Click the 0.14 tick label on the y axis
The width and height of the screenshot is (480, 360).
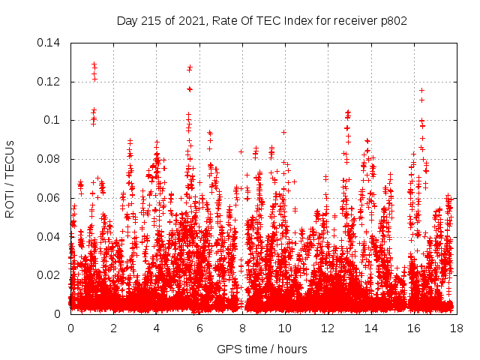point(49,43)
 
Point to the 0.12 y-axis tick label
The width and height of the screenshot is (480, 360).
point(49,82)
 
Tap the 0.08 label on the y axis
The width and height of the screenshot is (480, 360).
point(49,159)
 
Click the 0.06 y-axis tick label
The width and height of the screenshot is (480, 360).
point(49,198)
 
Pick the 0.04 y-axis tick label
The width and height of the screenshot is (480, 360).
point(49,237)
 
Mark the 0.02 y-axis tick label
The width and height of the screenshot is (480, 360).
point(49,275)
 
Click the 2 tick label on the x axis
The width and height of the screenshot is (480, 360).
point(113,328)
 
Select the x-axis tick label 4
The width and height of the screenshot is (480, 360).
point(156,328)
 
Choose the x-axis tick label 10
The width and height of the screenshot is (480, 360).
point(284,328)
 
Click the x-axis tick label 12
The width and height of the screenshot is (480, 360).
point(327,328)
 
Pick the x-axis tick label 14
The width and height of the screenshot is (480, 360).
point(370,328)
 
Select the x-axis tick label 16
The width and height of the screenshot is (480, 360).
point(412,328)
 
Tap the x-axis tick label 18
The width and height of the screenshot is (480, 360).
point(455,328)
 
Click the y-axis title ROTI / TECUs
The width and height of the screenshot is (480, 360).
point(10,178)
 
